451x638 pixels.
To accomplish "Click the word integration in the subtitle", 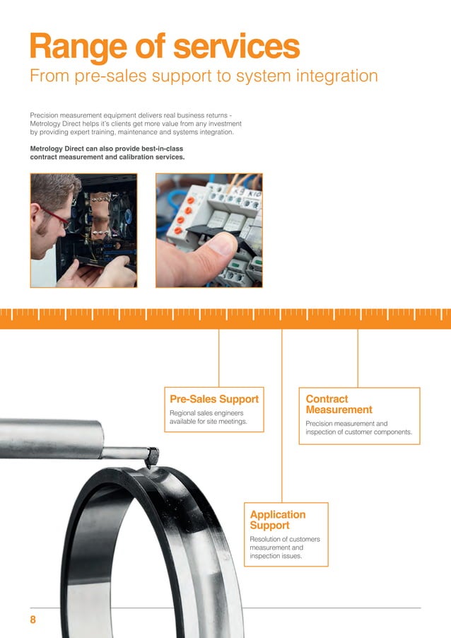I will point(332,76).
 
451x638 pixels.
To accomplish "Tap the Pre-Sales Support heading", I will point(214,399).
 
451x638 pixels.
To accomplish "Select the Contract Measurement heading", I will point(339,404).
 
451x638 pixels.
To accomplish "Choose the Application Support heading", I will point(278,520).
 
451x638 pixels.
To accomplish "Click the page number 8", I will point(33,620).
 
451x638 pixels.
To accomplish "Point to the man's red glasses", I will point(56,216).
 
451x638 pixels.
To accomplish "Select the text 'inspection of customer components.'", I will point(358,432).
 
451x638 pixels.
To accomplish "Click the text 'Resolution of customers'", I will point(285,539).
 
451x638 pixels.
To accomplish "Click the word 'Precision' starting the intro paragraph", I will point(45,115).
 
